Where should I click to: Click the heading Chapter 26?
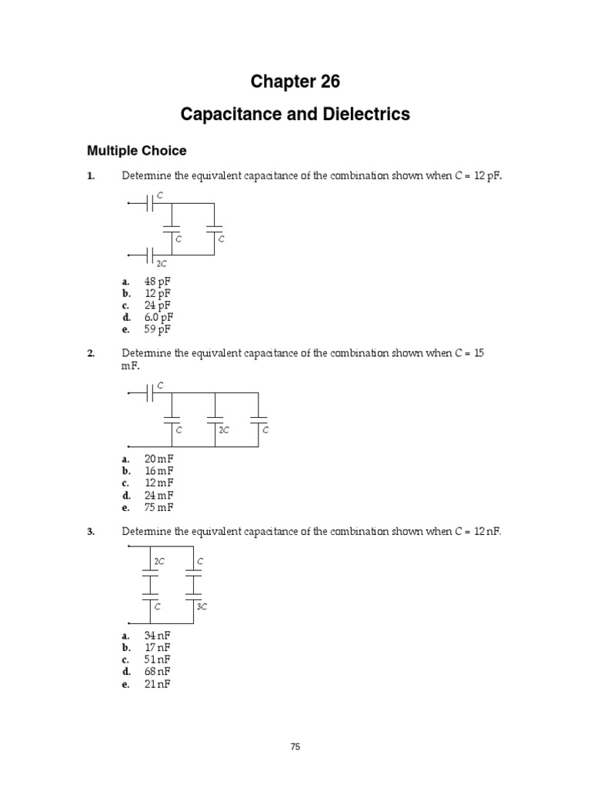tap(295, 81)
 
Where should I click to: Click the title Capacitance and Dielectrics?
tap(295, 115)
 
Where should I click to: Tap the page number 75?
tap(295, 746)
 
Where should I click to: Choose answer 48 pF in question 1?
tap(158, 282)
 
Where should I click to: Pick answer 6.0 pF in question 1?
tap(159, 317)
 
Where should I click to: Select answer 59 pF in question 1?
tap(158, 329)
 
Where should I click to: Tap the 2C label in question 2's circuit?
tap(224, 430)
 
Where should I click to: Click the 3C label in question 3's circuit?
tap(202, 606)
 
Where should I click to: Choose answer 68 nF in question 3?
tap(158, 672)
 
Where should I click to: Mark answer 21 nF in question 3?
tap(158, 683)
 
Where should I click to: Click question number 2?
tap(90, 353)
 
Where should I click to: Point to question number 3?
tap(90, 531)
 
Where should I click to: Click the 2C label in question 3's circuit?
tap(159, 562)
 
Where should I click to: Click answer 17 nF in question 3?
tap(158, 648)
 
